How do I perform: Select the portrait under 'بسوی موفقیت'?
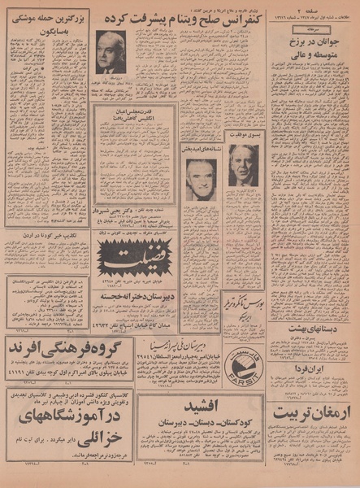243,166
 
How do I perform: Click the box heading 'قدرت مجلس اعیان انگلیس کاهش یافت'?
135,113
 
